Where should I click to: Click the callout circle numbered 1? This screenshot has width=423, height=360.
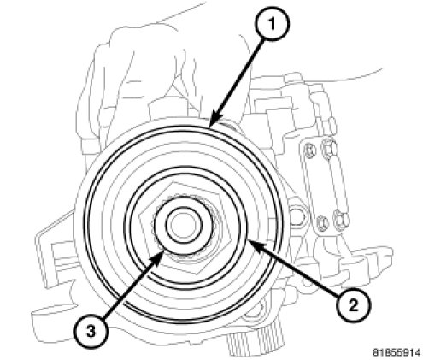click(273, 24)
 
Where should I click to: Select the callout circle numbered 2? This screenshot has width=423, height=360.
click(353, 305)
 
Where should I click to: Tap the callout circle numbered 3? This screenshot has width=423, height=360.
click(91, 332)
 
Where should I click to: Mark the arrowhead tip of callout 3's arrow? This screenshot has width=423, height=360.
click(164, 252)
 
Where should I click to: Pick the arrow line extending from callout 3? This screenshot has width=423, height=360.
click(133, 285)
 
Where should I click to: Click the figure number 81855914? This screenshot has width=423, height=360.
click(397, 353)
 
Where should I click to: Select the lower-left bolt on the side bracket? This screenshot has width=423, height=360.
click(323, 221)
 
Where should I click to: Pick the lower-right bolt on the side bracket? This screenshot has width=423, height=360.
click(342, 219)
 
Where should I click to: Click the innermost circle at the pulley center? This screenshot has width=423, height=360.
click(184, 225)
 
